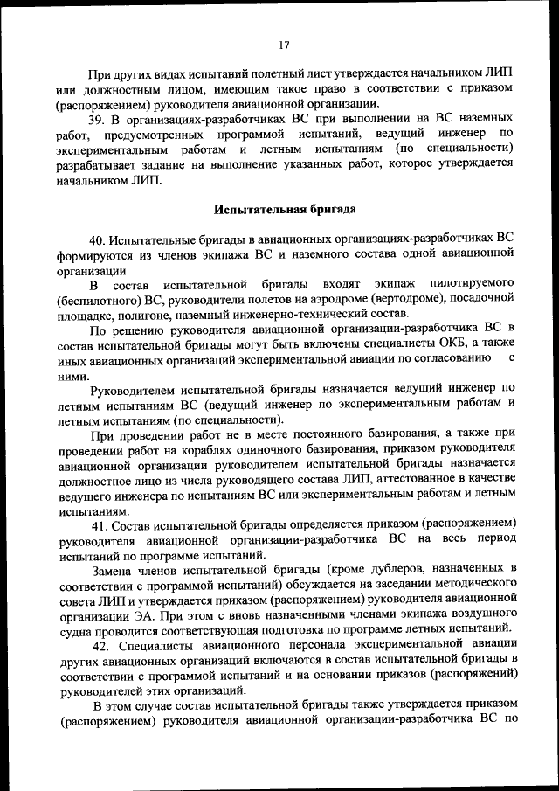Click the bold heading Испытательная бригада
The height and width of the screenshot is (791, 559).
click(x=284, y=210)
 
